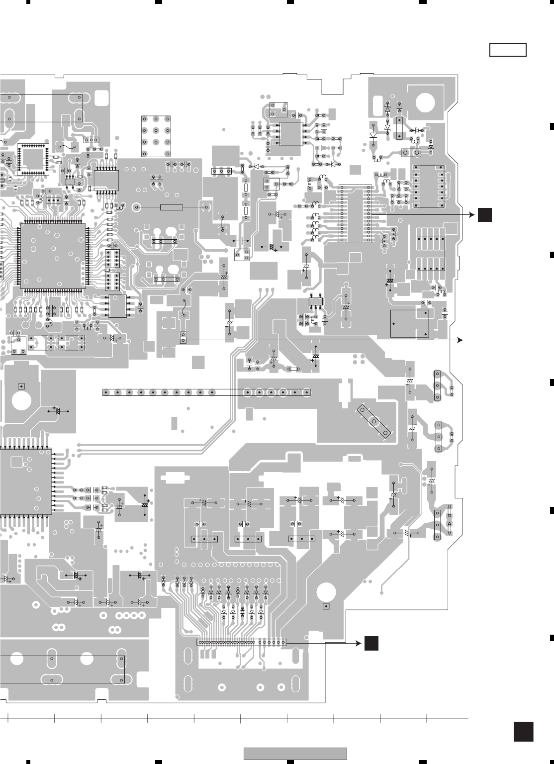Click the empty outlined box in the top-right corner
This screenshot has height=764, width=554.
(x=508, y=50)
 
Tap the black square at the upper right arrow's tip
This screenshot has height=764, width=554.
(x=485, y=215)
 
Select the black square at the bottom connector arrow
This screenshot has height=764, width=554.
(x=371, y=643)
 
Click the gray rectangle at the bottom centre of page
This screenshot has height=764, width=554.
(x=295, y=754)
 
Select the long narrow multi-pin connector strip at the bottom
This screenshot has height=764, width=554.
(x=242, y=642)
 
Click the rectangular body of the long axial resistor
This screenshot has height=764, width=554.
(x=172, y=207)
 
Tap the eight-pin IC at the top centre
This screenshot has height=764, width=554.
(x=291, y=134)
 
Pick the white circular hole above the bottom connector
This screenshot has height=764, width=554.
(x=326, y=591)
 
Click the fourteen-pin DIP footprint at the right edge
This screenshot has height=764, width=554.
(x=428, y=187)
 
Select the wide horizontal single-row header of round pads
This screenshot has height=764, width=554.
(x=158, y=392)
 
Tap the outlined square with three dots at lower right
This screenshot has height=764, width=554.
(x=410, y=323)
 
